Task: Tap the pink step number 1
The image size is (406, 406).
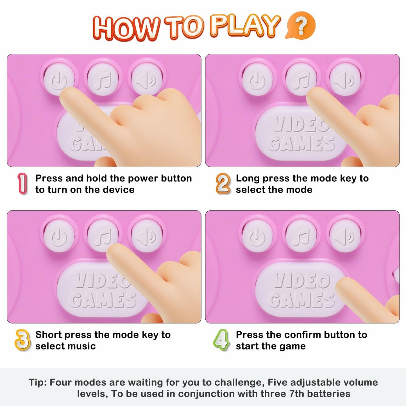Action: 22,183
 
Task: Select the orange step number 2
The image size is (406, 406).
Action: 223,183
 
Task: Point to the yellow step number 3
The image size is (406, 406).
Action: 22,340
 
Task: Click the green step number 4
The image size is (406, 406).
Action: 221,340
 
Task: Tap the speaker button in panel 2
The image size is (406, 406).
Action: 345,80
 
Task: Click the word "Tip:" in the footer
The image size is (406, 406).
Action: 37,382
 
